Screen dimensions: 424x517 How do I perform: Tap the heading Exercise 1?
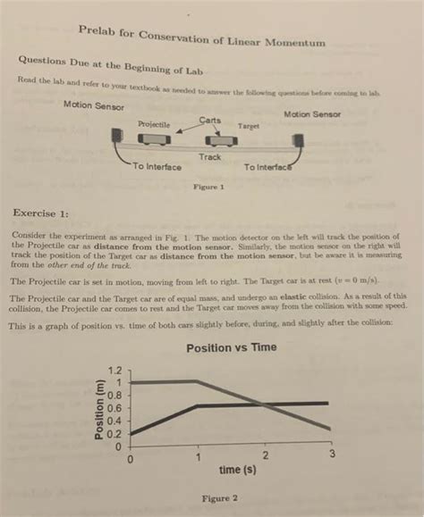point(40,213)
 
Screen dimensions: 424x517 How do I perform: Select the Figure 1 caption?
point(208,188)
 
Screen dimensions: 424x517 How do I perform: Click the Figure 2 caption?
point(220,498)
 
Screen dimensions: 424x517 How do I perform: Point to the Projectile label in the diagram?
point(154,125)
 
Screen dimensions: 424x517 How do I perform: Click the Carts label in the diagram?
point(210,121)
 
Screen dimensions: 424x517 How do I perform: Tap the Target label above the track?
point(249,127)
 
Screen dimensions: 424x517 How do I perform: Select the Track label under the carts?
point(210,157)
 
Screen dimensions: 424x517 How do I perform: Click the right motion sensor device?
point(297,141)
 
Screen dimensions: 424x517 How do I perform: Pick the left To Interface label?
point(157,167)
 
